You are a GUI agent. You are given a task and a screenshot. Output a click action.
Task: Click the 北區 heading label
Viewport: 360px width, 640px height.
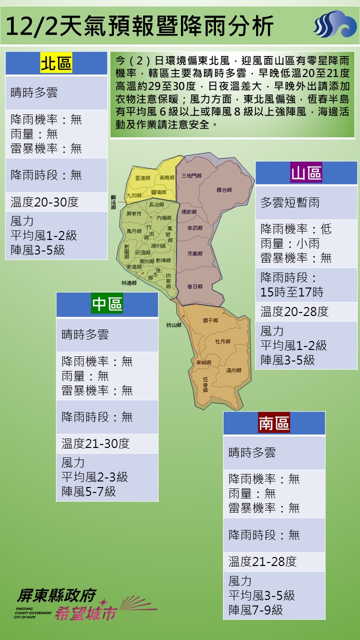56,64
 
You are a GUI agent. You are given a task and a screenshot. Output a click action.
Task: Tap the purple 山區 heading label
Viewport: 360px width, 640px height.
306,173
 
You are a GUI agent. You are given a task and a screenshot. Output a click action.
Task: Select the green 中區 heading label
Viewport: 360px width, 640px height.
107,304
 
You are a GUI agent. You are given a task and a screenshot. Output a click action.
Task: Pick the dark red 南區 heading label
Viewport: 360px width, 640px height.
274,423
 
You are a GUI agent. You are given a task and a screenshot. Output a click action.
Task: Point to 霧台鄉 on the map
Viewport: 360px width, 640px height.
224,190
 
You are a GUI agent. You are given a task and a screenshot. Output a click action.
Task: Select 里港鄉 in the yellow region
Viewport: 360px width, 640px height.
143,178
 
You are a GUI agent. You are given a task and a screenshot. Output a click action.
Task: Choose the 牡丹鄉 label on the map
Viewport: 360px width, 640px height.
222,341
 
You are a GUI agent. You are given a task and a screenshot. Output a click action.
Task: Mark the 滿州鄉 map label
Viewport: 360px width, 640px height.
233,370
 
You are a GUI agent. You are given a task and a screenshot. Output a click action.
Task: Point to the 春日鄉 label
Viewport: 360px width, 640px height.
194,286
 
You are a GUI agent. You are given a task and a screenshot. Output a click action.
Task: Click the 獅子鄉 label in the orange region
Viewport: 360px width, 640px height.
210,320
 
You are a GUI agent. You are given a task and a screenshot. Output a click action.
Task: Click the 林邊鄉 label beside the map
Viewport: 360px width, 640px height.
128,282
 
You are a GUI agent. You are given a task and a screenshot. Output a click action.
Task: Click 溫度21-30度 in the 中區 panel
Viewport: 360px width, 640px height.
95,443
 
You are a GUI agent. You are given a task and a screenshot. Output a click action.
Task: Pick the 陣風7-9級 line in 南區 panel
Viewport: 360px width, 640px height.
256,610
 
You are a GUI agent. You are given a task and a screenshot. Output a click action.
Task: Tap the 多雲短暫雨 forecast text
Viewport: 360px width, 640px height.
290,203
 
